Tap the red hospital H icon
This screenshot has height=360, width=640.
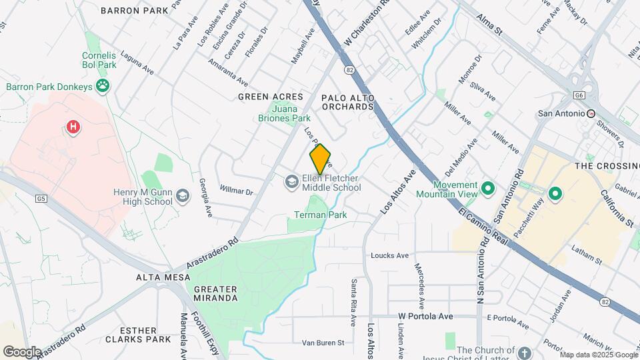[x=73, y=126]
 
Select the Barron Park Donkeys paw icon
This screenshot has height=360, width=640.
[x=103, y=85]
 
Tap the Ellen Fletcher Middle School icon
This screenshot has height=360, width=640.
[x=291, y=181]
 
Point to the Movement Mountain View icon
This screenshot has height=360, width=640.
[x=487, y=189]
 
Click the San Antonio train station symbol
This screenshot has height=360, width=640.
[x=591, y=113]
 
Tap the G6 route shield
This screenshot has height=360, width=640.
[x=579, y=95]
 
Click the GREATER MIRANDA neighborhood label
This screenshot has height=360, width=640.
[x=215, y=293]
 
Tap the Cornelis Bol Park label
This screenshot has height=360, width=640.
[x=99, y=60]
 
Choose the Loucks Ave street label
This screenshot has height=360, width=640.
[x=389, y=255]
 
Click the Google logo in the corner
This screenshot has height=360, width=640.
[x=22, y=351]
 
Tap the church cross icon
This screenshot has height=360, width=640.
[x=524, y=352]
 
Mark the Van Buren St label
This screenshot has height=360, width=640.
[x=323, y=343]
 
